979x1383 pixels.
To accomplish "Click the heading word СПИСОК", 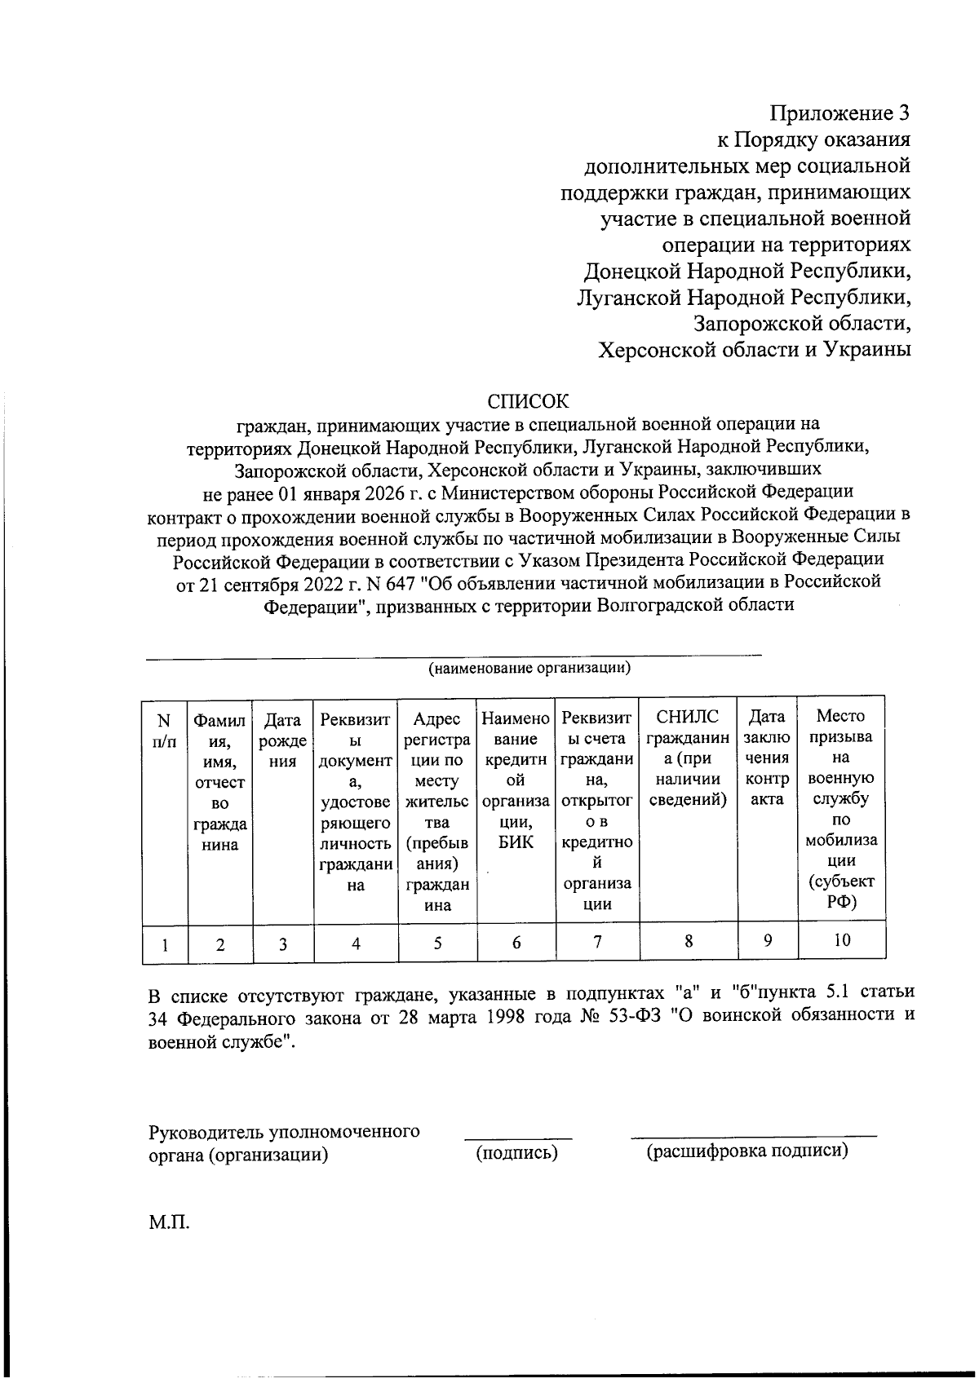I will [528, 401].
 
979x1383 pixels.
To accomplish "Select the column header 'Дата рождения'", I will [282, 740].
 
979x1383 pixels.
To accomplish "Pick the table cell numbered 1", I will [165, 944].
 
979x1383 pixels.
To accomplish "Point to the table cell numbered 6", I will [516, 943].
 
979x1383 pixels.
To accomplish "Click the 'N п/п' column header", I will [164, 731].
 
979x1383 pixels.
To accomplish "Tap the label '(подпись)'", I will [517, 1152].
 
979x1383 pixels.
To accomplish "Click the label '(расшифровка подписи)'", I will [746, 1151].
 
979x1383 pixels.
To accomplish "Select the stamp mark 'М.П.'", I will [169, 1223].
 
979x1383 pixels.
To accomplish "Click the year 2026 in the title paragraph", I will [381, 492].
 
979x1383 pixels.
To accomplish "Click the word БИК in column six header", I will [516, 842].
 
